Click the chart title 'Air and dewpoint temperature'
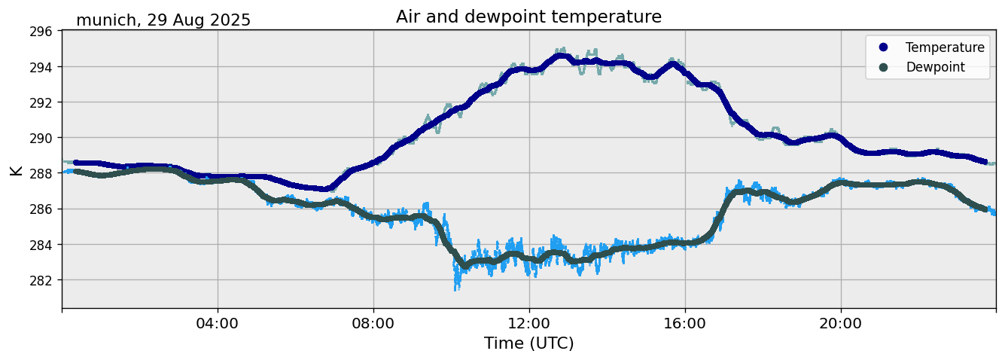pyautogui.click(x=528, y=17)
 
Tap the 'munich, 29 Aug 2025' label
pyautogui.click(x=163, y=20)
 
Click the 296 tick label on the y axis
pyautogui.click(x=41, y=32)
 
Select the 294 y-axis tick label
pyautogui.click(x=41, y=67)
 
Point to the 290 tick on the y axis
pyautogui.click(x=41, y=138)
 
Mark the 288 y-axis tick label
pyautogui.click(x=41, y=173)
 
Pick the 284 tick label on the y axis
pyautogui.click(x=41, y=245)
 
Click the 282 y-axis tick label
pyautogui.click(x=41, y=280)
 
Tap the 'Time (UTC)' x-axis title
pyautogui.click(x=528, y=343)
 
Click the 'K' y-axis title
pyautogui.click(x=16, y=170)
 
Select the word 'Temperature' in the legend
pyautogui.click(x=945, y=47)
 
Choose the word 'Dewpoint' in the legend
pyautogui.click(x=935, y=67)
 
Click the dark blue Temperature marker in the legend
pyautogui.click(x=883, y=47)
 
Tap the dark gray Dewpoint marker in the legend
pyautogui.click(x=883, y=67)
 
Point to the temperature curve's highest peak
pyautogui.click(x=562, y=56)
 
